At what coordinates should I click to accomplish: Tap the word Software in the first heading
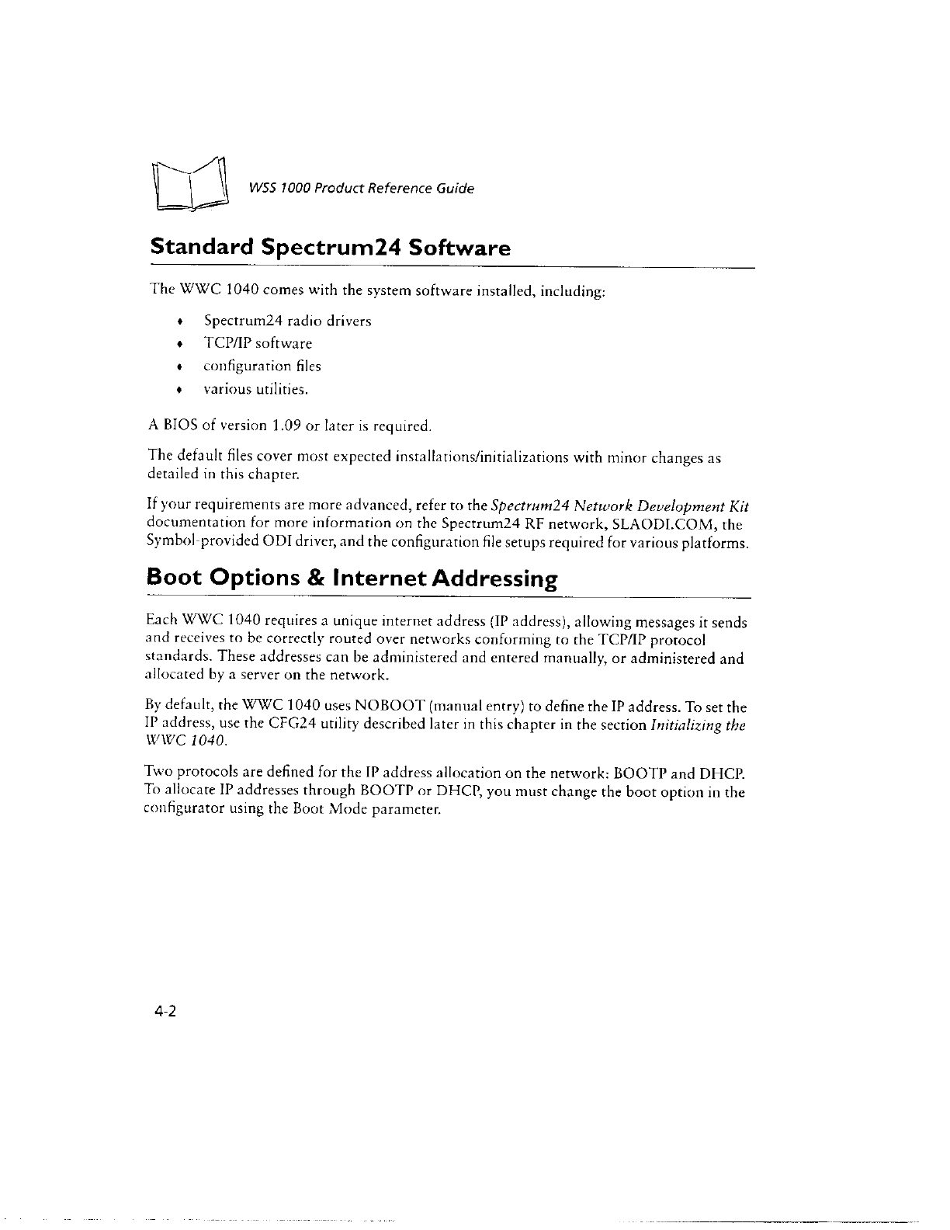459,248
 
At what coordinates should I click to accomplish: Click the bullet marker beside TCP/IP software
180,344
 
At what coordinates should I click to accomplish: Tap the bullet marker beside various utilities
180,389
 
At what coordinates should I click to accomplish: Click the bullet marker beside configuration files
180,367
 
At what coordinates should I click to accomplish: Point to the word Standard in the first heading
201,248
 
